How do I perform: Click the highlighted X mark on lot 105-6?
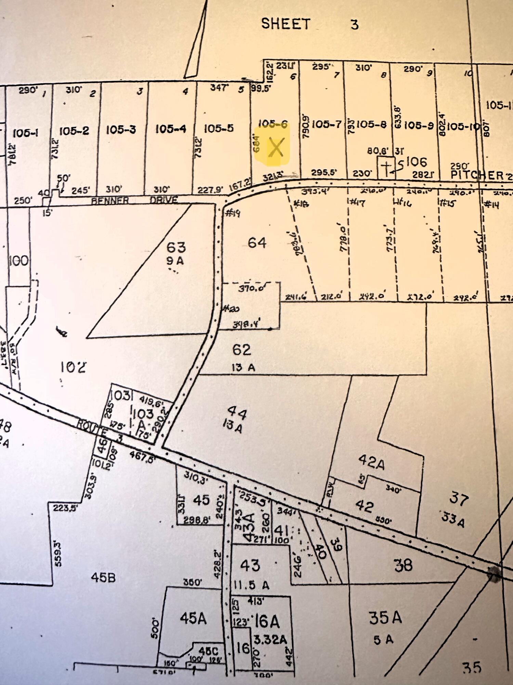276,148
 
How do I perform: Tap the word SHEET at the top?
286,24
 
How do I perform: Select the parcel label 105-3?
121,129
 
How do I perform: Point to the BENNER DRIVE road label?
134,200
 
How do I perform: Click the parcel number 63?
176,247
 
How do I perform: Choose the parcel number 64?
257,242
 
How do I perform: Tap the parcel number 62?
242,350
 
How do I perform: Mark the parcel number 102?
73,367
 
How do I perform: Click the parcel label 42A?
371,462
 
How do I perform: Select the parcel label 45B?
103,578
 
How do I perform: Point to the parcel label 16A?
267,621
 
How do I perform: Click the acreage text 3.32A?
270,639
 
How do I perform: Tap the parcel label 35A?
385,618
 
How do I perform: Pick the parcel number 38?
403,565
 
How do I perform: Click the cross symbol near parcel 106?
386,168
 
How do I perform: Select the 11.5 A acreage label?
251,585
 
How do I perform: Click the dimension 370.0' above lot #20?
252,288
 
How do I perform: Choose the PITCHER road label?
477,175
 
